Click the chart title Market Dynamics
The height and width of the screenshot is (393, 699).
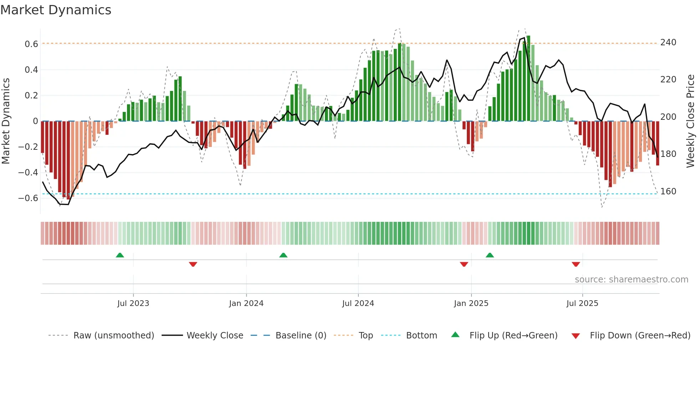[56, 10]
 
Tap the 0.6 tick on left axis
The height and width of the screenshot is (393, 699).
[31, 44]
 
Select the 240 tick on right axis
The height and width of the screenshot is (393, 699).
[668, 42]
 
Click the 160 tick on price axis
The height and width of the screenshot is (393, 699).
[668, 192]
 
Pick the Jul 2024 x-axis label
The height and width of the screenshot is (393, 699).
[358, 303]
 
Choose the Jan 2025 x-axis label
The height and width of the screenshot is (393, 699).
[471, 303]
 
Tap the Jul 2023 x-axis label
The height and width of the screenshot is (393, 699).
[133, 303]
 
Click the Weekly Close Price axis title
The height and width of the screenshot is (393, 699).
[690, 121]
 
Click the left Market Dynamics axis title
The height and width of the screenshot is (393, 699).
[6, 121]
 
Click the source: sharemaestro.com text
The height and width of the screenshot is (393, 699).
[631, 280]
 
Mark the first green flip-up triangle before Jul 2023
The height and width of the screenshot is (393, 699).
[120, 255]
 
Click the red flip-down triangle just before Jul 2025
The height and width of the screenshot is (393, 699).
[576, 264]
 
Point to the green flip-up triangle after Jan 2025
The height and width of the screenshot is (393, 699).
[490, 255]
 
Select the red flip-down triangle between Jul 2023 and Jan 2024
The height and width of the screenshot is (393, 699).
[193, 264]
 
